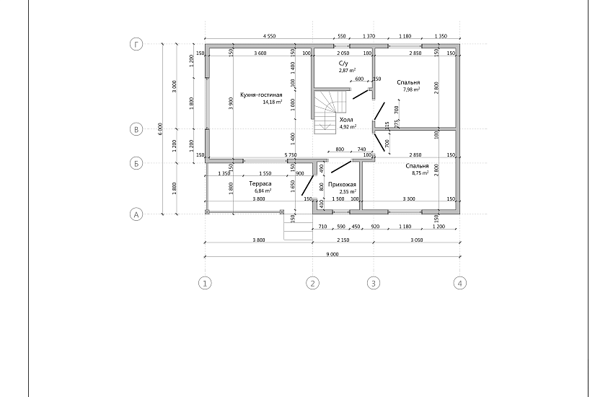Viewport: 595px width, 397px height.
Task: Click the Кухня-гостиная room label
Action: tap(261, 95)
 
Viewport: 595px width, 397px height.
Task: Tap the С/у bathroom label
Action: tap(343, 64)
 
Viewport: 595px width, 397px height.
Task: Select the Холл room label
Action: tap(346, 120)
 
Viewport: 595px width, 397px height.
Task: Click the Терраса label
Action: tap(260, 183)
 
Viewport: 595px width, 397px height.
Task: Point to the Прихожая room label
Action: tap(342, 185)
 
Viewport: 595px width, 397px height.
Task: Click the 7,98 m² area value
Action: tap(411, 90)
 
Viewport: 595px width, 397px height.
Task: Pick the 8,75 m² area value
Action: tap(420, 173)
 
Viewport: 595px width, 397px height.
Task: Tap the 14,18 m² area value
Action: tap(273, 102)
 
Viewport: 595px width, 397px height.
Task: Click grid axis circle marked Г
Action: tap(136, 44)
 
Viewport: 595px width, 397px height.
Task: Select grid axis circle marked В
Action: tap(136, 129)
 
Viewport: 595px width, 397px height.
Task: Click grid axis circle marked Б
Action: tap(136, 163)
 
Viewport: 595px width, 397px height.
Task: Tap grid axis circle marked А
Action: tap(136, 214)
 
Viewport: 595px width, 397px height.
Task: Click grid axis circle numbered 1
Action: tap(205, 283)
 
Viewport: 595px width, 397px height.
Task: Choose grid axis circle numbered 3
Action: tap(374, 283)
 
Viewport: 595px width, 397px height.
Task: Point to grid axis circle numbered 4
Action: tap(460, 283)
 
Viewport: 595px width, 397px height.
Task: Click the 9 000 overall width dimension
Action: tap(332, 254)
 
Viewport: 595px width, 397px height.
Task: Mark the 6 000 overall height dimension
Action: tap(160, 129)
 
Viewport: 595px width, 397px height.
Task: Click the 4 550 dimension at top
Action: tap(269, 36)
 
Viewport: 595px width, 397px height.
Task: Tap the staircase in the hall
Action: tap(330, 111)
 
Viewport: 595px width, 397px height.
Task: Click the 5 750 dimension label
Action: tap(291, 155)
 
